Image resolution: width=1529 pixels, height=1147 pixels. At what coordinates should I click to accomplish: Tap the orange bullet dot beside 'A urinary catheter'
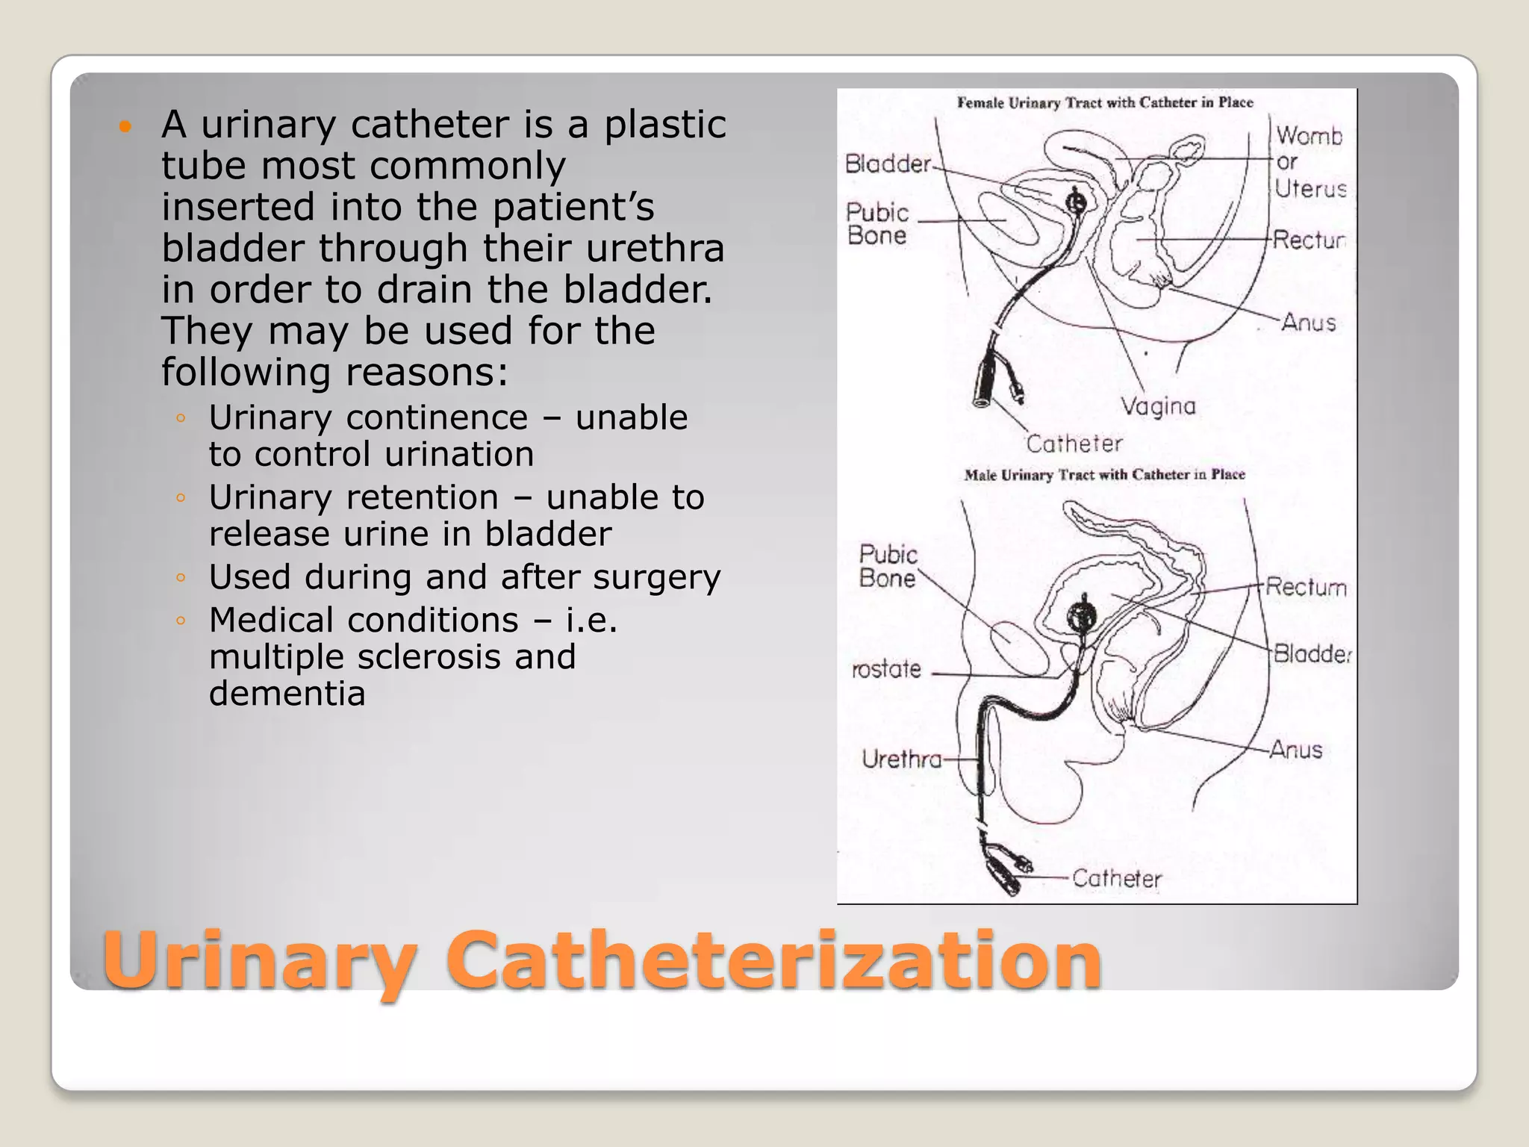[125, 126]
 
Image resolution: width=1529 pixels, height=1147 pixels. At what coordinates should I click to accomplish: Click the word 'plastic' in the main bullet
[664, 124]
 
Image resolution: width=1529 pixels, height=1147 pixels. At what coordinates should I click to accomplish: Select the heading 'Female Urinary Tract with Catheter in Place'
[1105, 102]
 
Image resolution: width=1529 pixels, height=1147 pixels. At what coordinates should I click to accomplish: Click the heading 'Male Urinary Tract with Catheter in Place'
[1104, 475]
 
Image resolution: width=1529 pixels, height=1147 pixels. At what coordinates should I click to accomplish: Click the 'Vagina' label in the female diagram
[1158, 406]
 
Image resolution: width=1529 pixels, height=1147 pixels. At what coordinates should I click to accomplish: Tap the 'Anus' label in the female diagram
[1308, 323]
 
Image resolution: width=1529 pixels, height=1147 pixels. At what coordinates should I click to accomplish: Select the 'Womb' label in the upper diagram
[1309, 136]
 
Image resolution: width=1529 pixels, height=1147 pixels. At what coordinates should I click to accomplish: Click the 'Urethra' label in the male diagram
[902, 759]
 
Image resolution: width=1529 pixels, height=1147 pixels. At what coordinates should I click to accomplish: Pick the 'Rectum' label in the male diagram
[1306, 587]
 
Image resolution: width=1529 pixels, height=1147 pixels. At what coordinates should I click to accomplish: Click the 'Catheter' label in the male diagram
[1117, 878]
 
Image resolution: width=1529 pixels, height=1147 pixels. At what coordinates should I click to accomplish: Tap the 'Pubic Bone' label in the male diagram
[887, 566]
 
